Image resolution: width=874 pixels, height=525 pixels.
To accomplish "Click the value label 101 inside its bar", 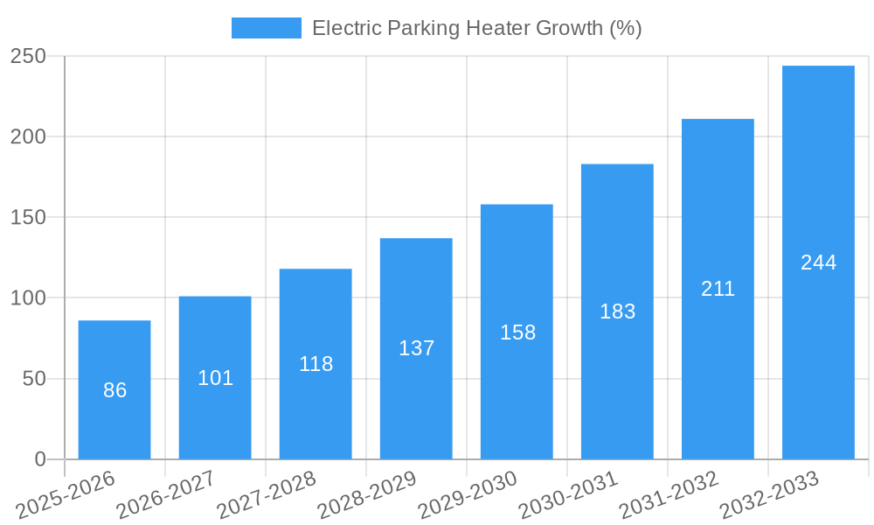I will tap(215, 378).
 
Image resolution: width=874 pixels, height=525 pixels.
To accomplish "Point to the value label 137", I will tap(416, 348).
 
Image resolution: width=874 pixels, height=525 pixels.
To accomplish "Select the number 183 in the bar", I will tap(617, 311).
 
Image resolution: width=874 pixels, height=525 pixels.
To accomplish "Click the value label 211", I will tap(718, 289).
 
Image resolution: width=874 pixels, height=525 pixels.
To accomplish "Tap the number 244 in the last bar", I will tap(818, 262).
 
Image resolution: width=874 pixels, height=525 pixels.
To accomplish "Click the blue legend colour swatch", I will tap(266, 28).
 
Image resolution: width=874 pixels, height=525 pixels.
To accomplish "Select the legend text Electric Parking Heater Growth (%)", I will tap(476, 28).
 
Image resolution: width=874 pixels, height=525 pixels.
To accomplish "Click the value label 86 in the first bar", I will tap(114, 390).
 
